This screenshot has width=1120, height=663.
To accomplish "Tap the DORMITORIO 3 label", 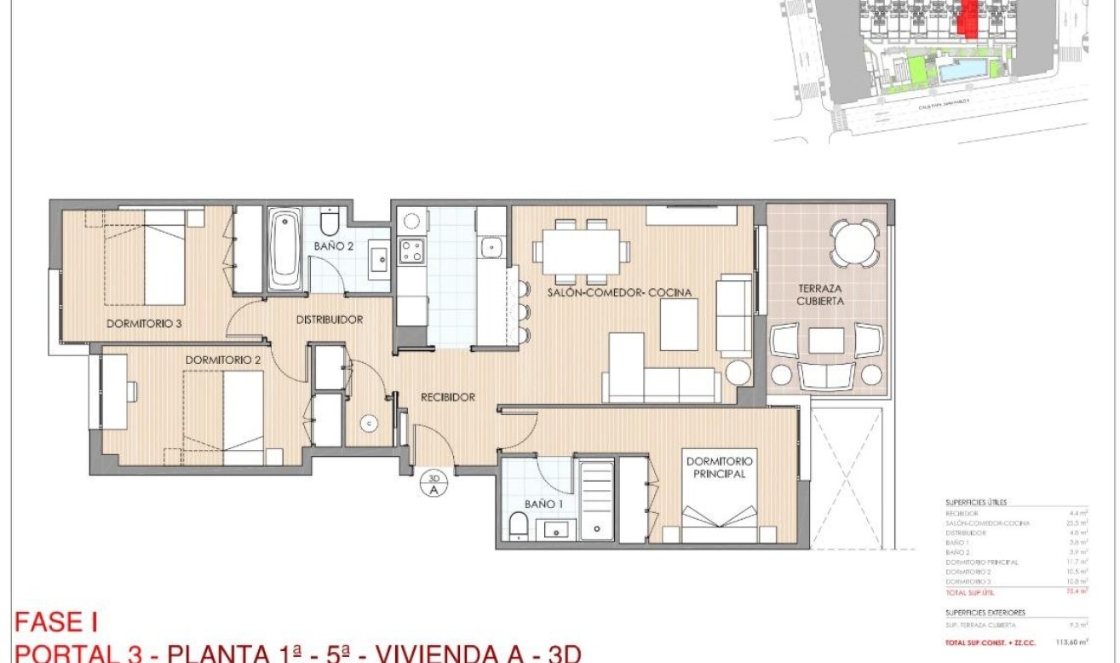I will pos(145,323).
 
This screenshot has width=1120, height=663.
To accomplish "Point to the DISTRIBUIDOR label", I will pos(330,320).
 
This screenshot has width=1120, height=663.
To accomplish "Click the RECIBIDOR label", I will pos(447,397).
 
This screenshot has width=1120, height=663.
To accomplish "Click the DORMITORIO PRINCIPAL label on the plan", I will pos(716,467).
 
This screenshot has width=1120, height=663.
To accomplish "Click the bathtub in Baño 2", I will pos(284,251).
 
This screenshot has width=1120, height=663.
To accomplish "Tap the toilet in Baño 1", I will pos(519,527).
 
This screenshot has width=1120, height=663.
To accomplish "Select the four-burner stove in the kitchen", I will pos(412,251).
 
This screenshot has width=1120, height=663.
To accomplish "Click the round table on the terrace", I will pos(853,245).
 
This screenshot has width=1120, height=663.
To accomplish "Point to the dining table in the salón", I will pos(583,251).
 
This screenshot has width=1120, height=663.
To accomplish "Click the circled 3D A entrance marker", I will pos(434,483).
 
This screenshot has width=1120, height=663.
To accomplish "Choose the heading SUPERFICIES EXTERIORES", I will pos(985,612).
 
